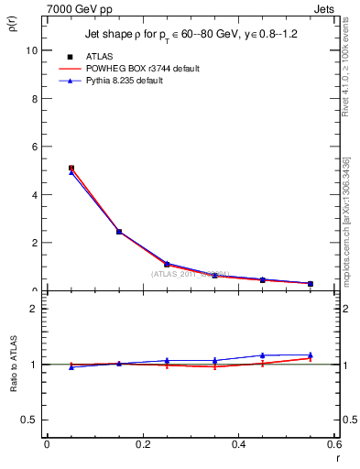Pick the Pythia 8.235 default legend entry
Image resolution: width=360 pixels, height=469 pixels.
[x=133, y=81]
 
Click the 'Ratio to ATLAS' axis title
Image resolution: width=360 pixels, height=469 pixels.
[x=15, y=365]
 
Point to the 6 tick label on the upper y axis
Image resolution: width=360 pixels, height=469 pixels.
[x=34, y=147]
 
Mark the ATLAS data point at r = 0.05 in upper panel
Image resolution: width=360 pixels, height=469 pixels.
[x=71, y=169]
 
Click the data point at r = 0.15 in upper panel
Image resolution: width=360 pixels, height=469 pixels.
[x=119, y=232]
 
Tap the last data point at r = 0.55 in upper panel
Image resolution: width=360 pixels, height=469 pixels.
[x=311, y=284]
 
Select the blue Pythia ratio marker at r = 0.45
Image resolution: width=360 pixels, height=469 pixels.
[x=263, y=355]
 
